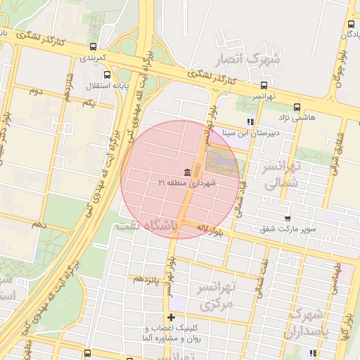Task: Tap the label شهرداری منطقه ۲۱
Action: click(x=187, y=183)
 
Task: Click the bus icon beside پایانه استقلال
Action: click(x=107, y=75)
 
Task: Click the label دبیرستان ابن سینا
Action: click(x=250, y=131)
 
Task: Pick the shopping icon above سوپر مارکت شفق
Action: click(x=287, y=219)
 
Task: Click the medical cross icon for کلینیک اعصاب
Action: click(x=172, y=318)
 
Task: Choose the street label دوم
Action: click(x=37, y=91)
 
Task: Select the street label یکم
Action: click(x=89, y=103)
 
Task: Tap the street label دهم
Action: click(x=39, y=224)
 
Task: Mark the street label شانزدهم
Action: click(x=67, y=87)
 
